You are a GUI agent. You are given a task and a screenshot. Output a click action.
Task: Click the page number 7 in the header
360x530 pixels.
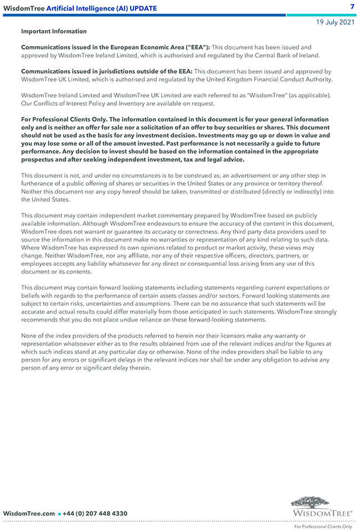[x=352, y=7]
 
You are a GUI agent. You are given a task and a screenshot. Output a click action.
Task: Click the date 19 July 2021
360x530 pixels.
[x=335, y=22]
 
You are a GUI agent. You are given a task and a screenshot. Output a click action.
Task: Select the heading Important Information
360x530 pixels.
[x=54, y=32]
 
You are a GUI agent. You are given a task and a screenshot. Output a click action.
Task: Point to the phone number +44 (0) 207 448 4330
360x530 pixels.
[x=95, y=513]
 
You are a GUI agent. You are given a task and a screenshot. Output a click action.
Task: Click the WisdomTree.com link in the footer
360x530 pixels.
[x=29, y=513]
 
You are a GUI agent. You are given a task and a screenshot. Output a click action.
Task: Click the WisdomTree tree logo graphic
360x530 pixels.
[x=310, y=503]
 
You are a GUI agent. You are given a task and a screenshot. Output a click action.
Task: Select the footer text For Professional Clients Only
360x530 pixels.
[x=323, y=527]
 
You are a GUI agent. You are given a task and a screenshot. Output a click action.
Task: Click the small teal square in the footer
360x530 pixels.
[x=59, y=514]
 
